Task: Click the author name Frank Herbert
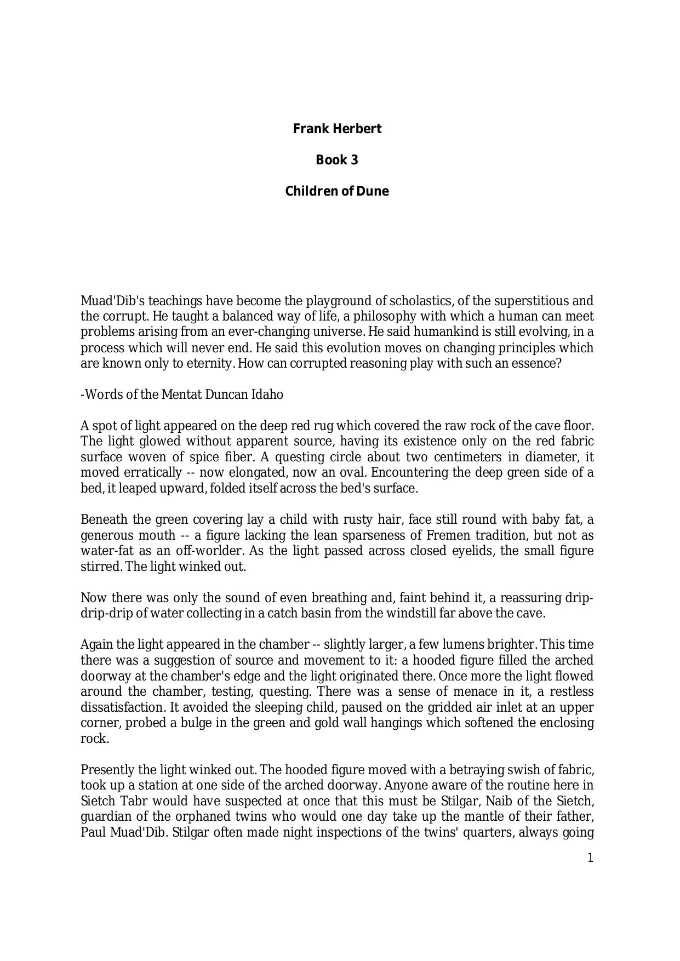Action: (x=337, y=129)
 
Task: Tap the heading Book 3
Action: (x=337, y=160)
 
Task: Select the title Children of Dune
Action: (x=337, y=191)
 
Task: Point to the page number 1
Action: (x=590, y=858)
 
